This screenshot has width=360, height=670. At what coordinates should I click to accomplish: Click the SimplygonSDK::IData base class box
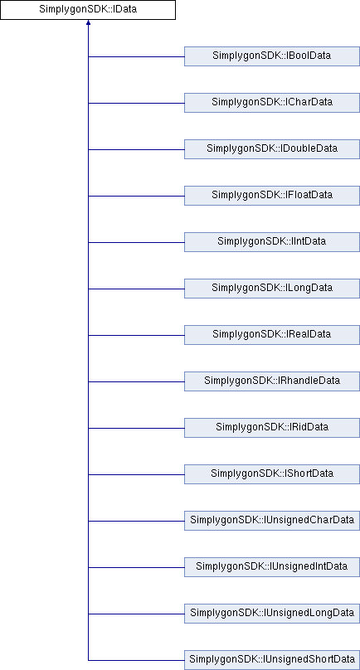point(88,10)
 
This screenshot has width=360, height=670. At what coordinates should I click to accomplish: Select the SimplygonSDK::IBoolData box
point(272,56)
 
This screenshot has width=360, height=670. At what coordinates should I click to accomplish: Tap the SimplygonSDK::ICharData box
point(272,103)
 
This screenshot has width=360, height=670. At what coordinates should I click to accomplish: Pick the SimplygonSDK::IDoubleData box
point(272,149)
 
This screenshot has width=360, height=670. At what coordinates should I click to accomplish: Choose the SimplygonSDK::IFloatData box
point(272,196)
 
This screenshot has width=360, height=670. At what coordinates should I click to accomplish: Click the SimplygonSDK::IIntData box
point(272,242)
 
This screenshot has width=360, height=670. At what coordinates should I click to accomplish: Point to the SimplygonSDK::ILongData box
point(272,289)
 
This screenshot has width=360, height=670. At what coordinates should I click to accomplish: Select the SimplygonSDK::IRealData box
point(272,335)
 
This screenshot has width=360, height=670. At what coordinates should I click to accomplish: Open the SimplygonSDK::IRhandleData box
point(272,381)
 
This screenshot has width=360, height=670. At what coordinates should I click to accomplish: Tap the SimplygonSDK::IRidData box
point(272,428)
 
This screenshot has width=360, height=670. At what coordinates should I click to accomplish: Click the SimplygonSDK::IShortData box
point(272,474)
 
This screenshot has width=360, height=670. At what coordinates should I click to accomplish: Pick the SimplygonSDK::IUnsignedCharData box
point(272,521)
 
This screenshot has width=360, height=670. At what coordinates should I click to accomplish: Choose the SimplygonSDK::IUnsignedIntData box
point(272,567)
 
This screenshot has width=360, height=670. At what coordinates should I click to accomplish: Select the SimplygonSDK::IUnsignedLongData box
point(272,614)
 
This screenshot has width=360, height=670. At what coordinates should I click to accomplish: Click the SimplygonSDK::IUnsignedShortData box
point(272,660)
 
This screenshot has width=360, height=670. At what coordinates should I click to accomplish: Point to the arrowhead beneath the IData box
point(88,22)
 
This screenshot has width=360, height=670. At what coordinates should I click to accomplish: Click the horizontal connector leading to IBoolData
point(136,56)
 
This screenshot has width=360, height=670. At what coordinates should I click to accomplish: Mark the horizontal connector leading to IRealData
point(136,335)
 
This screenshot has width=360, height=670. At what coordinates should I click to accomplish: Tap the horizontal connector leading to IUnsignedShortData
point(136,660)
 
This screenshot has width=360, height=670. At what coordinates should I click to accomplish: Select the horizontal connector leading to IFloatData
point(136,196)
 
